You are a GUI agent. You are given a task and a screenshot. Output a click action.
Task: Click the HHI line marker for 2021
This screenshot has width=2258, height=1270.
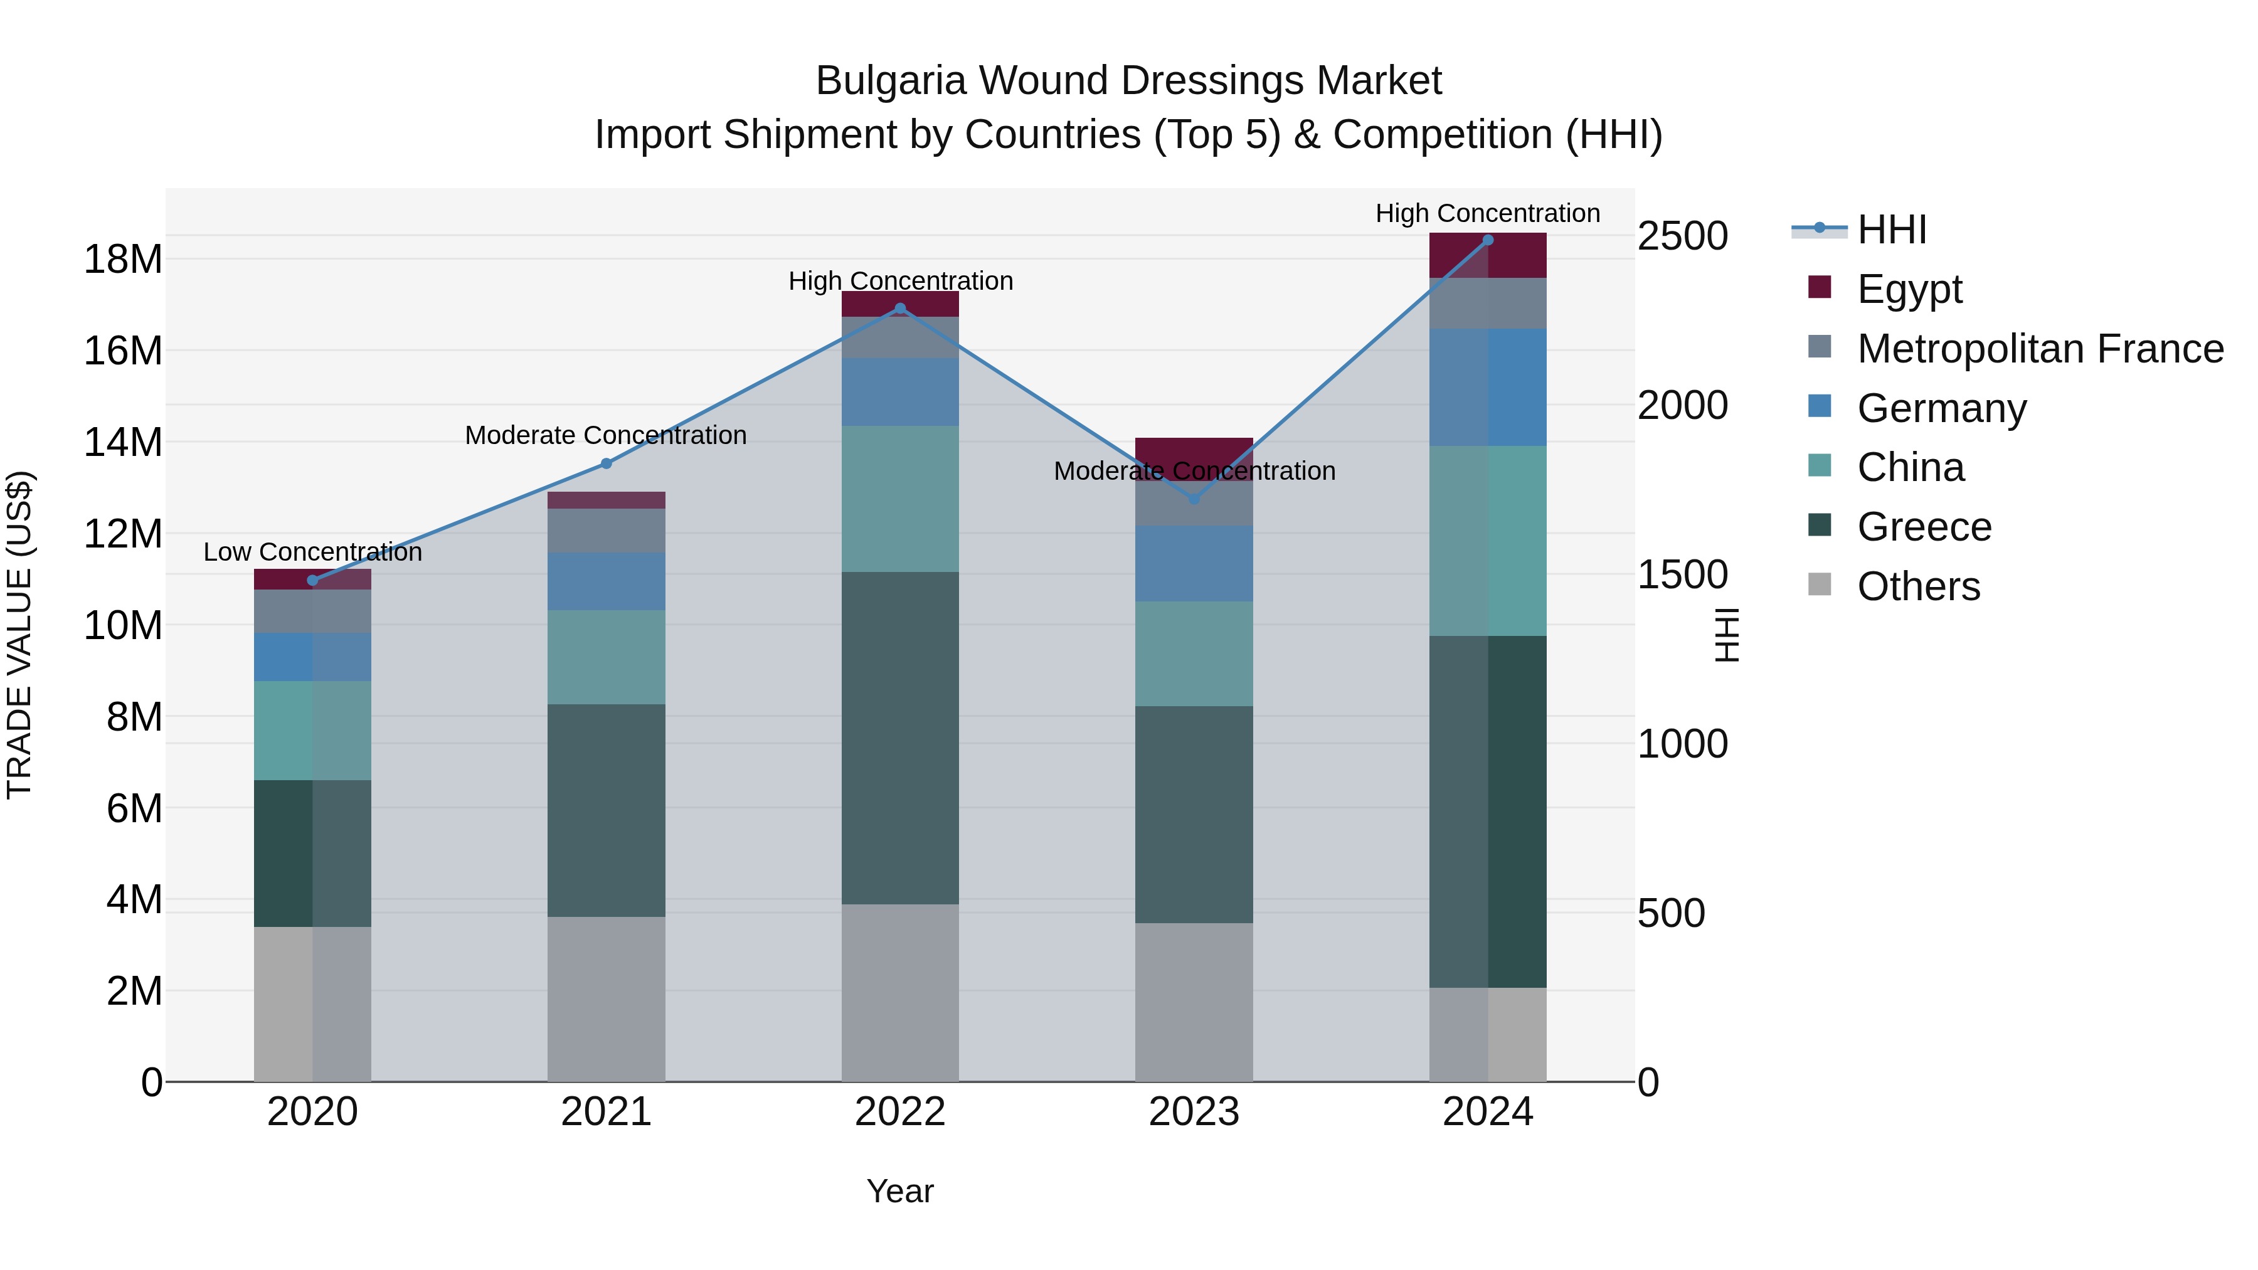click(x=606, y=463)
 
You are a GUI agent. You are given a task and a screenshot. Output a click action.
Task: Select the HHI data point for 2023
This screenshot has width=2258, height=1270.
click(x=1194, y=499)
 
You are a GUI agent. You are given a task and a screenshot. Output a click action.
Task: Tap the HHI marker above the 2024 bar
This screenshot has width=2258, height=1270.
click(x=1488, y=240)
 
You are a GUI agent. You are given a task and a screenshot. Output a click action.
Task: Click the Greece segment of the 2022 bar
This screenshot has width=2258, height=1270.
click(x=900, y=738)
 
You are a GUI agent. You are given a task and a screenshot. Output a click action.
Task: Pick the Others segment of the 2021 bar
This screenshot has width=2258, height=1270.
click(x=606, y=999)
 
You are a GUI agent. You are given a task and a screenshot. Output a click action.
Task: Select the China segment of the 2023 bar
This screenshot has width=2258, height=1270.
click(x=1194, y=654)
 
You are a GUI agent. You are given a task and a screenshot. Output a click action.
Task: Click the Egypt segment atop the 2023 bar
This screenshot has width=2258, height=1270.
click(x=1194, y=450)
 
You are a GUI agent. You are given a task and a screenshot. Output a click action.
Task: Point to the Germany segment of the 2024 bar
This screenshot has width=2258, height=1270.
click(x=1488, y=388)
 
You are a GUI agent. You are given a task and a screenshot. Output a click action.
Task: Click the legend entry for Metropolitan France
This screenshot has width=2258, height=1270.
click(x=2039, y=349)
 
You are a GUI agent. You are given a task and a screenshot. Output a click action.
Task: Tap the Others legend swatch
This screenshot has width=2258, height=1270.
click(x=1820, y=585)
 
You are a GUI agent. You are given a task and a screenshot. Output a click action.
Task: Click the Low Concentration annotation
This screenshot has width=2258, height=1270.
click(x=313, y=552)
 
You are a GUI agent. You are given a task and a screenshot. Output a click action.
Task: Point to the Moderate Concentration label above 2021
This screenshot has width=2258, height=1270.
click(x=606, y=436)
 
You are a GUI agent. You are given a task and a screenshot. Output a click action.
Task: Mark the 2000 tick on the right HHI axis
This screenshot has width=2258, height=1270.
click(x=1682, y=406)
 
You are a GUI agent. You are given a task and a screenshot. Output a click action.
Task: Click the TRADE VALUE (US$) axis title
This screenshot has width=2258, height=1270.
click(x=20, y=635)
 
